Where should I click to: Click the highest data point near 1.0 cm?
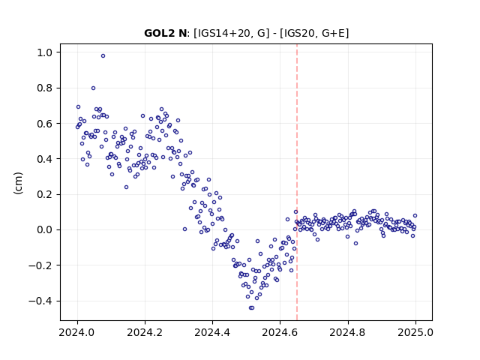coord(103,56)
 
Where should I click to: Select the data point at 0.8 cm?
coord(93,88)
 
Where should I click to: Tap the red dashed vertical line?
coord(297,182)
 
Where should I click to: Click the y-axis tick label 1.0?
coord(45,52)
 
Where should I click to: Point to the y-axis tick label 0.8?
coord(45,88)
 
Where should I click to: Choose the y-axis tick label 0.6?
coord(45,124)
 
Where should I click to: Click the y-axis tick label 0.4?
coord(45,159)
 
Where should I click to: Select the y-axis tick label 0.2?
coord(45,195)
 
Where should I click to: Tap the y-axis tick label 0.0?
coord(45,230)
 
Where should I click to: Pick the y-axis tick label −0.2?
coord(40,265)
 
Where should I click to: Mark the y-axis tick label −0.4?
coord(40,301)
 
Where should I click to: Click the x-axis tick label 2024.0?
coord(77,332)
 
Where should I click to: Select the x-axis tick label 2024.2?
coord(145,332)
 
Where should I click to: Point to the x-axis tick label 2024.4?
coord(212,332)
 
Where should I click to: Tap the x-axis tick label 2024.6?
coord(280,332)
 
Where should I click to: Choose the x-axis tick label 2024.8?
coord(348,332)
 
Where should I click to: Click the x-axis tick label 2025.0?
coord(415,332)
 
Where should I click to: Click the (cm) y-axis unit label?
coord(18,183)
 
